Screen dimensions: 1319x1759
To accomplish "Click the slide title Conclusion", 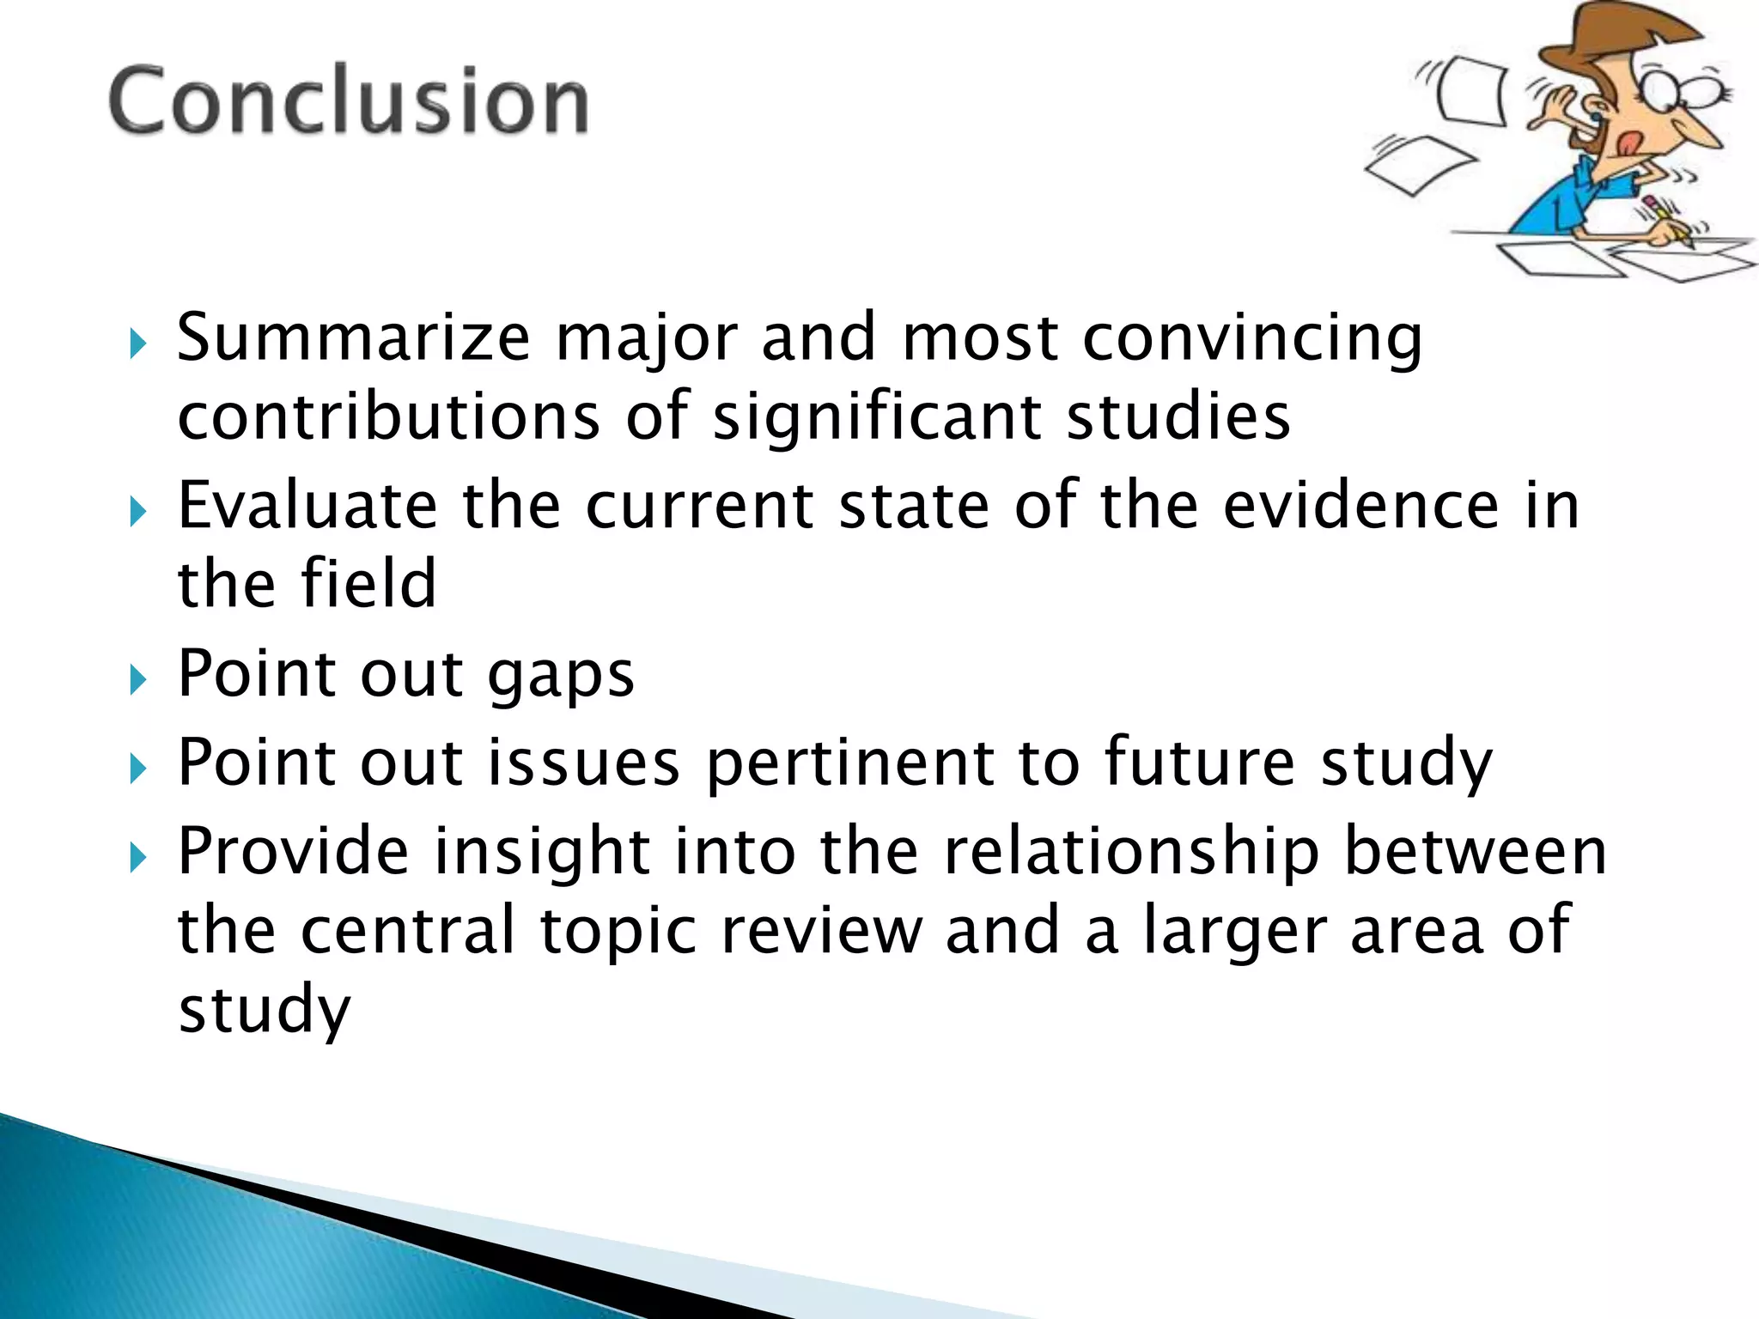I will tap(349, 100).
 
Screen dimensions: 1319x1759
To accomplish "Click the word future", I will tap(1199, 762).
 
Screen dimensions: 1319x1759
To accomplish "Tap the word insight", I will tap(541, 853).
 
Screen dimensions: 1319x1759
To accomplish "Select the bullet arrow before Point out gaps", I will tap(137, 681).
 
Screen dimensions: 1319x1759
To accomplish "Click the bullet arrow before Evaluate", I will tap(137, 513).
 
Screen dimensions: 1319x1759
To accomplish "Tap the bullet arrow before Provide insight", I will tap(137, 857).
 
